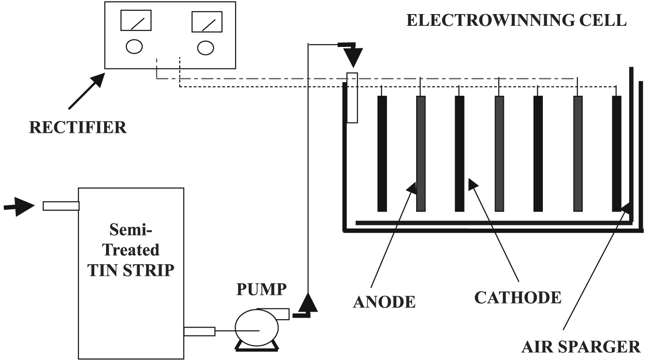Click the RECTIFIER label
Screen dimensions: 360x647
coord(78,127)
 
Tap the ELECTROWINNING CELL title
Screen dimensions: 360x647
coord(516,20)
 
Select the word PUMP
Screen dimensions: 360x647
coord(261,290)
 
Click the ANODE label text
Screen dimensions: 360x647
coord(384,301)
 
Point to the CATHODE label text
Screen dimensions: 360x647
coord(518,297)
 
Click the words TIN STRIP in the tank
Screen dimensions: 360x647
coord(131,271)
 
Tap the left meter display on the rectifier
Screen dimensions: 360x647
coord(136,21)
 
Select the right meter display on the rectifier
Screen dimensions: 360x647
coord(206,21)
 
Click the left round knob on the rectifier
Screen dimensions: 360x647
coord(134,46)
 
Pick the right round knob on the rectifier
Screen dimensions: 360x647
coord(206,47)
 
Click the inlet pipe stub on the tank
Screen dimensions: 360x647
coord(61,206)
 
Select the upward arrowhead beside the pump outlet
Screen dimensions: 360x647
coord(308,302)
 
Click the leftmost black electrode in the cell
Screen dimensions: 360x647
coord(382,153)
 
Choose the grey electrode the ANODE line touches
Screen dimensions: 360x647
coord(421,153)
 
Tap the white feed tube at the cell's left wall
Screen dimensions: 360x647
coord(352,98)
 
